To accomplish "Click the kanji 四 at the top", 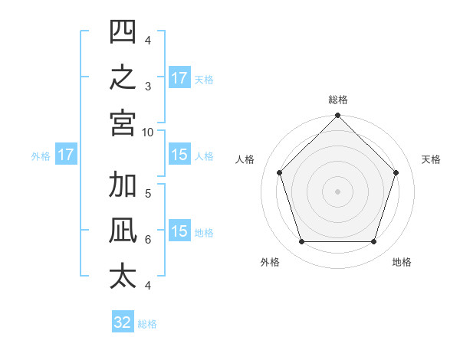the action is pos(123,31).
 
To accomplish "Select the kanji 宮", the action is pos(123,123).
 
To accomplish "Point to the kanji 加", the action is pos(123,184).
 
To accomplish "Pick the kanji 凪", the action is pos(123,230).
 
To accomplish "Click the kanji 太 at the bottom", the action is pos(123,277).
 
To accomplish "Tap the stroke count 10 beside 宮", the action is pos(147,133).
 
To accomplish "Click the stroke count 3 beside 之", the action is pos(148,87).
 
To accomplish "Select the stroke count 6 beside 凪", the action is pos(148,240).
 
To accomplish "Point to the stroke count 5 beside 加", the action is pos(148,194).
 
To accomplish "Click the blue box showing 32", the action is pos(123,321).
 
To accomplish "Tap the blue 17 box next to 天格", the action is pos(179,77).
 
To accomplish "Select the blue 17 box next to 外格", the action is pos(66,154).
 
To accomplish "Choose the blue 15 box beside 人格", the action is pos(179,154).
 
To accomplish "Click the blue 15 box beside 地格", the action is pos(179,230).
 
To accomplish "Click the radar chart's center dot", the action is pos(337,191).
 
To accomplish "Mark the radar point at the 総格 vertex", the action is pos(337,115).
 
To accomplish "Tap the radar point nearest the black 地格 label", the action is pos(373,241).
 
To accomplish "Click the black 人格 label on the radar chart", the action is pos(245,159).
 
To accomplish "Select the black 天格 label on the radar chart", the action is pos(431,159).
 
